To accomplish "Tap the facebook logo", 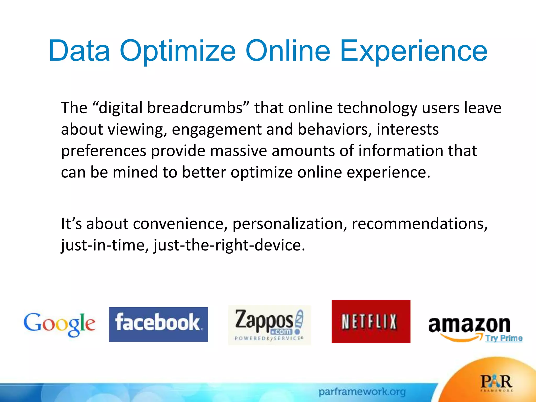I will [158, 324].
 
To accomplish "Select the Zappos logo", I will [269, 325].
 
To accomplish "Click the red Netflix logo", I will [371, 321].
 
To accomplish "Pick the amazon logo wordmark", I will [469, 325].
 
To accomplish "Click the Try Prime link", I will [504, 338].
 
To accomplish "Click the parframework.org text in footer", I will [362, 392].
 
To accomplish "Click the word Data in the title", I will [79, 51].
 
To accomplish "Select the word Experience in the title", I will [413, 51].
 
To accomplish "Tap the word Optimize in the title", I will [178, 51].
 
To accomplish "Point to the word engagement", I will [217, 130].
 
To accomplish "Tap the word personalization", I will [289, 224].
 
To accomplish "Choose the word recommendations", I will [419, 224].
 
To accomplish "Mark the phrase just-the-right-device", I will [229, 245].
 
